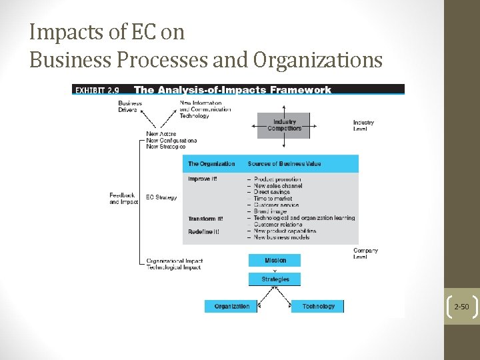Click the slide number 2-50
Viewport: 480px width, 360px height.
coord(461,307)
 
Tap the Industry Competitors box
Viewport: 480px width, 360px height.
coord(284,125)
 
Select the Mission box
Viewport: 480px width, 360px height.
coord(275,260)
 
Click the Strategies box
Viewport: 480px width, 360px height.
coord(275,279)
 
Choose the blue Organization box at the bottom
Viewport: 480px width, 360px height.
coord(231,306)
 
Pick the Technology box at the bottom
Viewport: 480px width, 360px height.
coord(318,306)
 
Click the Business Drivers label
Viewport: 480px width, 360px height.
coord(130,107)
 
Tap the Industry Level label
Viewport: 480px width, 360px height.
coord(363,125)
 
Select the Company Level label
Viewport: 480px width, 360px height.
coord(365,253)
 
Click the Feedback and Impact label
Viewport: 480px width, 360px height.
coord(123,198)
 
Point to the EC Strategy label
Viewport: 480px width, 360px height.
coord(161,197)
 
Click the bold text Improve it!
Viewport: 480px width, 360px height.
coord(203,179)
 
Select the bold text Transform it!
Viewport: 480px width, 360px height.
coord(205,219)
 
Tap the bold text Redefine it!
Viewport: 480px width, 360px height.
coord(203,231)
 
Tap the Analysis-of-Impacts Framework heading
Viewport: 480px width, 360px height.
coord(233,90)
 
